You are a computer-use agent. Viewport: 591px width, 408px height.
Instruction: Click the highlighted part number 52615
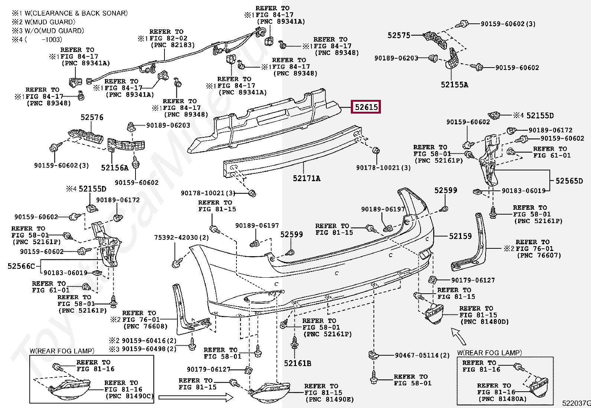click(366, 107)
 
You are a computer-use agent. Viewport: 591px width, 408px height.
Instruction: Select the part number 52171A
click(307, 179)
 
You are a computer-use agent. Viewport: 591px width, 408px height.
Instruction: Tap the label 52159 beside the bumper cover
click(460, 236)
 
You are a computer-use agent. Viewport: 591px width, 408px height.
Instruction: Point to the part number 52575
click(399, 35)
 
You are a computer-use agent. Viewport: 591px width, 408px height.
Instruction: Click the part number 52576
click(92, 117)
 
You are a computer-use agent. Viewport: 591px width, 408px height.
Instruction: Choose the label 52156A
click(115, 168)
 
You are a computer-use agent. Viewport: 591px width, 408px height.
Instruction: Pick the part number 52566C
click(21, 266)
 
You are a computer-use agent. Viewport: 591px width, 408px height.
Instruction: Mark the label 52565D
click(569, 181)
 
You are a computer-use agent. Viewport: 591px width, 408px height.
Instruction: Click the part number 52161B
click(298, 363)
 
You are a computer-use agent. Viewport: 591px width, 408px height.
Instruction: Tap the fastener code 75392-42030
click(176, 238)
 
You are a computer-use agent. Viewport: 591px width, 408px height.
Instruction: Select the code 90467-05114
click(417, 355)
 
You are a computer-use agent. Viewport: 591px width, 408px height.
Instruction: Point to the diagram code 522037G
click(577, 403)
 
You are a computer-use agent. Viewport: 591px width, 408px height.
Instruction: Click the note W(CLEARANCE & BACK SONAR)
click(76, 13)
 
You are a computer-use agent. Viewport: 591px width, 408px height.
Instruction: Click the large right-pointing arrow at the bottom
click(196, 397)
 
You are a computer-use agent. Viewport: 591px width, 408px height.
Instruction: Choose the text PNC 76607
click(539, 255)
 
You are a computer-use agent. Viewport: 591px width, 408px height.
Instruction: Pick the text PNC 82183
click(173, 45)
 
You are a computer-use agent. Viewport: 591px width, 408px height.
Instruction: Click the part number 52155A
click(455, 85)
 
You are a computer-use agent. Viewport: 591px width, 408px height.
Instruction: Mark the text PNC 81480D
click(485, 322)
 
